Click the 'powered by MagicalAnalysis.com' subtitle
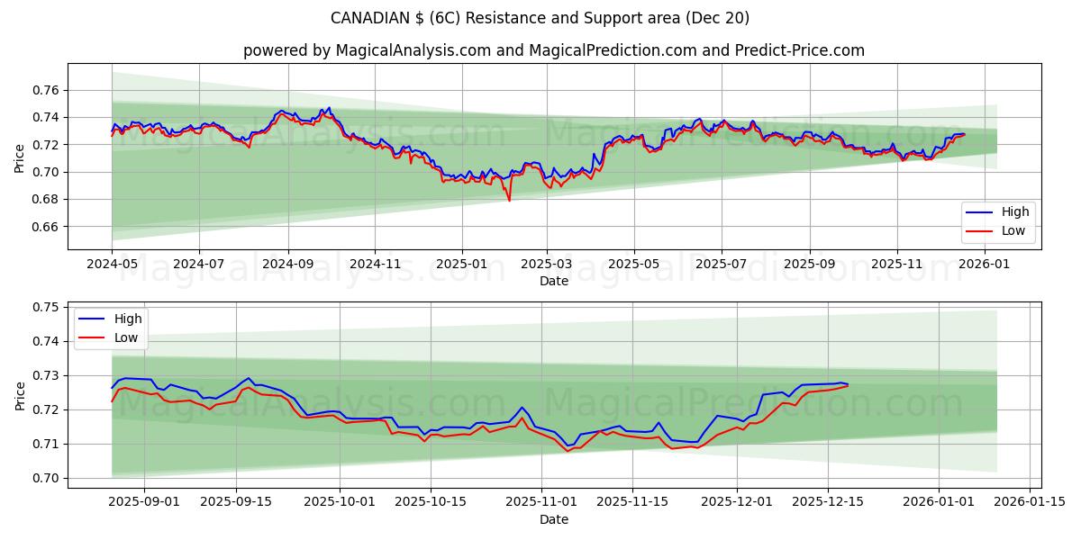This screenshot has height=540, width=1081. (x=553, y=50)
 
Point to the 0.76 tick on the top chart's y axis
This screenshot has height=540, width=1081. (x=45, y=90)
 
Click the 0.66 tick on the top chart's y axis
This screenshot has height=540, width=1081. (x=45, y=227)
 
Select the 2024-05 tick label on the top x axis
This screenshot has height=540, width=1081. (x=112, y=265)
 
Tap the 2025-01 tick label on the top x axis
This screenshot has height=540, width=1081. (x=461, y=265)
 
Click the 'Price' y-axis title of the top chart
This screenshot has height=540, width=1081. (x=20, y=158)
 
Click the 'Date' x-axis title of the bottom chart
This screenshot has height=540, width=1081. (x=553, y=519)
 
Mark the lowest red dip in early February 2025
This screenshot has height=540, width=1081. (x=509, y=200)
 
